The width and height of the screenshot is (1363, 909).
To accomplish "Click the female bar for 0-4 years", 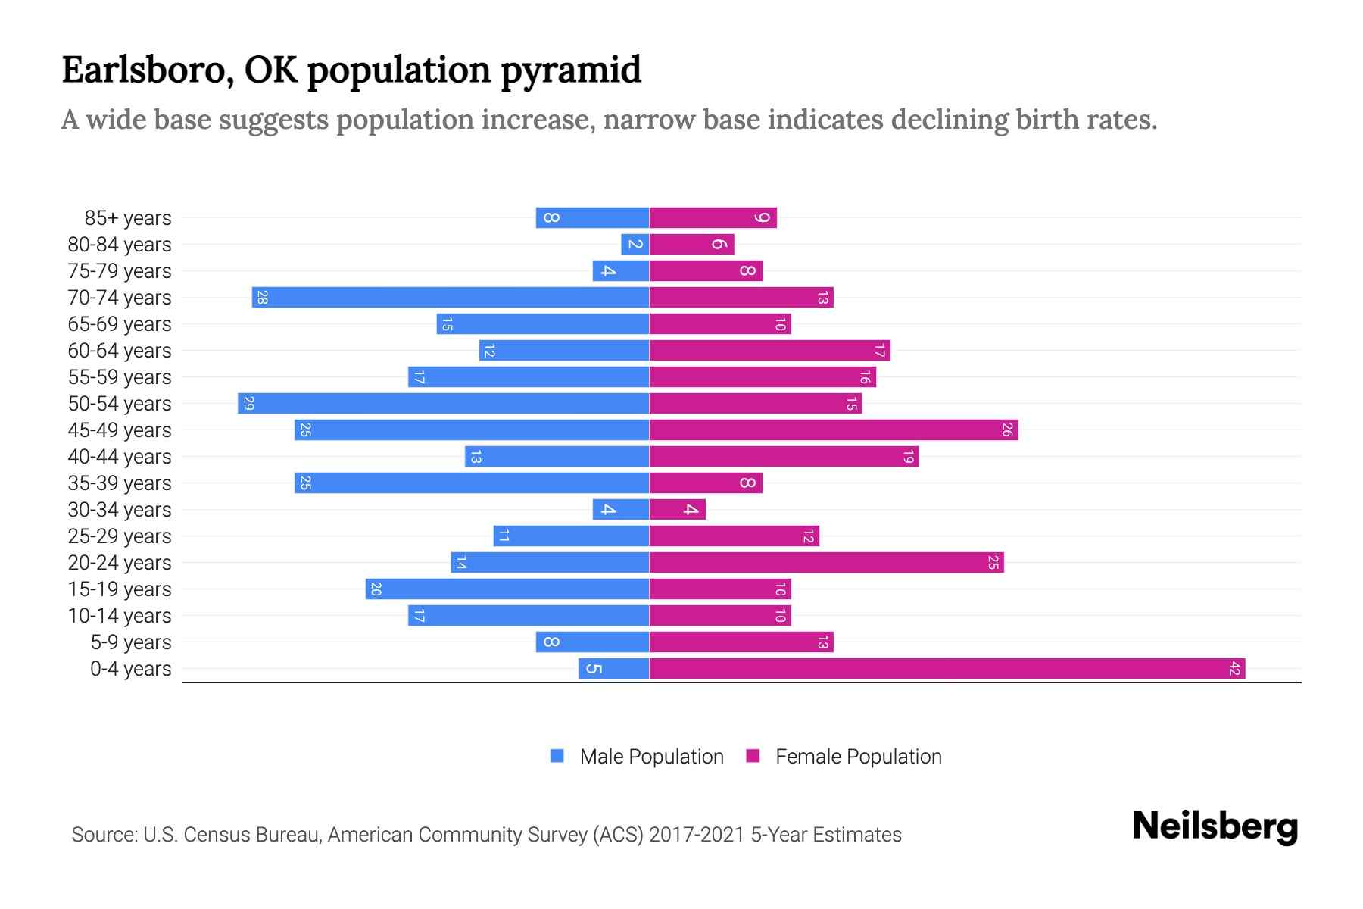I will (947, 669).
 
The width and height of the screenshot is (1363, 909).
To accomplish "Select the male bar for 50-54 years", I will (443, 404).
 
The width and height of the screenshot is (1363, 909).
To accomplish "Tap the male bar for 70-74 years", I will (451, 298).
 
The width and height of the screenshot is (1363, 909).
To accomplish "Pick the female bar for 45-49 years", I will (833, 430).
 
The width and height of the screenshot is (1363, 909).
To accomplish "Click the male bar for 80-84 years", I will (635, 245).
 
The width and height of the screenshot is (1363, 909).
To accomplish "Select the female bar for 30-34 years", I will (677, 510).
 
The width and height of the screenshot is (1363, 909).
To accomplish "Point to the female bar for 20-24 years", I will (826, 563).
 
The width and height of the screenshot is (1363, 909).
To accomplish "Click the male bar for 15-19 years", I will (507, 589).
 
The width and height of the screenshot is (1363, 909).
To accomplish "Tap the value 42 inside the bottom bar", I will (1234, 669).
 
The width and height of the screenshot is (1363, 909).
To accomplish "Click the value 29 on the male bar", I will (248, 404).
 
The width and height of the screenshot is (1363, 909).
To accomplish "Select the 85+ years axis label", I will (127, 218).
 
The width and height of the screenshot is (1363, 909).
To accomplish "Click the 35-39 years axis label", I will (120, 483).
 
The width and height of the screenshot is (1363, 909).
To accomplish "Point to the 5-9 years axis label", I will (130, 642).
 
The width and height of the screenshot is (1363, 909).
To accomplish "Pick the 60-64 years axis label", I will (120, 351).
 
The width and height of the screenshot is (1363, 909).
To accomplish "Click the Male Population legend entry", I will (650, 757).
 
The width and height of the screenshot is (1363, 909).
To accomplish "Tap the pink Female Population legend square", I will (753, 756).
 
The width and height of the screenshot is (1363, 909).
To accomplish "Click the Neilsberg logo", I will (1215, 826).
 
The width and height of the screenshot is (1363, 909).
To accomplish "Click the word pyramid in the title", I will (570, 70).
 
